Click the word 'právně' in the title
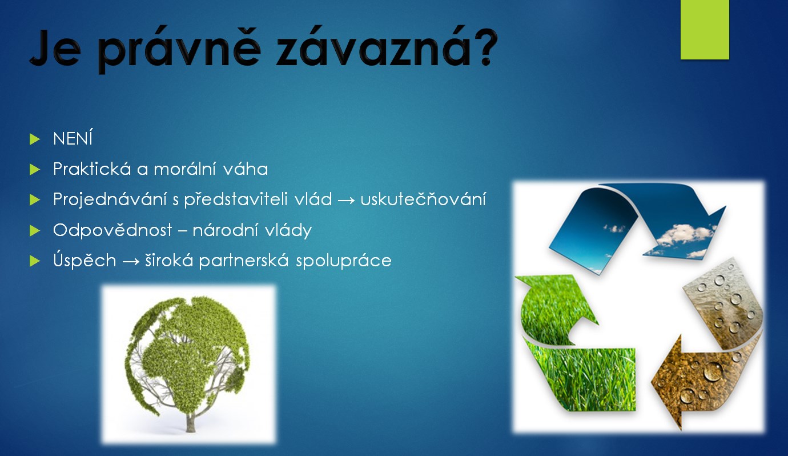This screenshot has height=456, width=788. click(x=179, y=49)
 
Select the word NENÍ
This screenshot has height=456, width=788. click(x=73, y=138)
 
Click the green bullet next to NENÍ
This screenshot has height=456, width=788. click(x=35, y=139)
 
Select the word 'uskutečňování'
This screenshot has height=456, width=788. click(x=423, y=199)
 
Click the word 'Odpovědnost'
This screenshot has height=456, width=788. click(x=112, y=231)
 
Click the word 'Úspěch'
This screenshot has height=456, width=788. click(x=85, y=259)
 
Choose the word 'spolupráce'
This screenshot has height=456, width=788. click(x=344, y=261)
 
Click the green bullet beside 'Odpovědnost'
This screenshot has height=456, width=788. click(x=35, y=231)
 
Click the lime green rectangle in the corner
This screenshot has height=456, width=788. click(x=705, y=30)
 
